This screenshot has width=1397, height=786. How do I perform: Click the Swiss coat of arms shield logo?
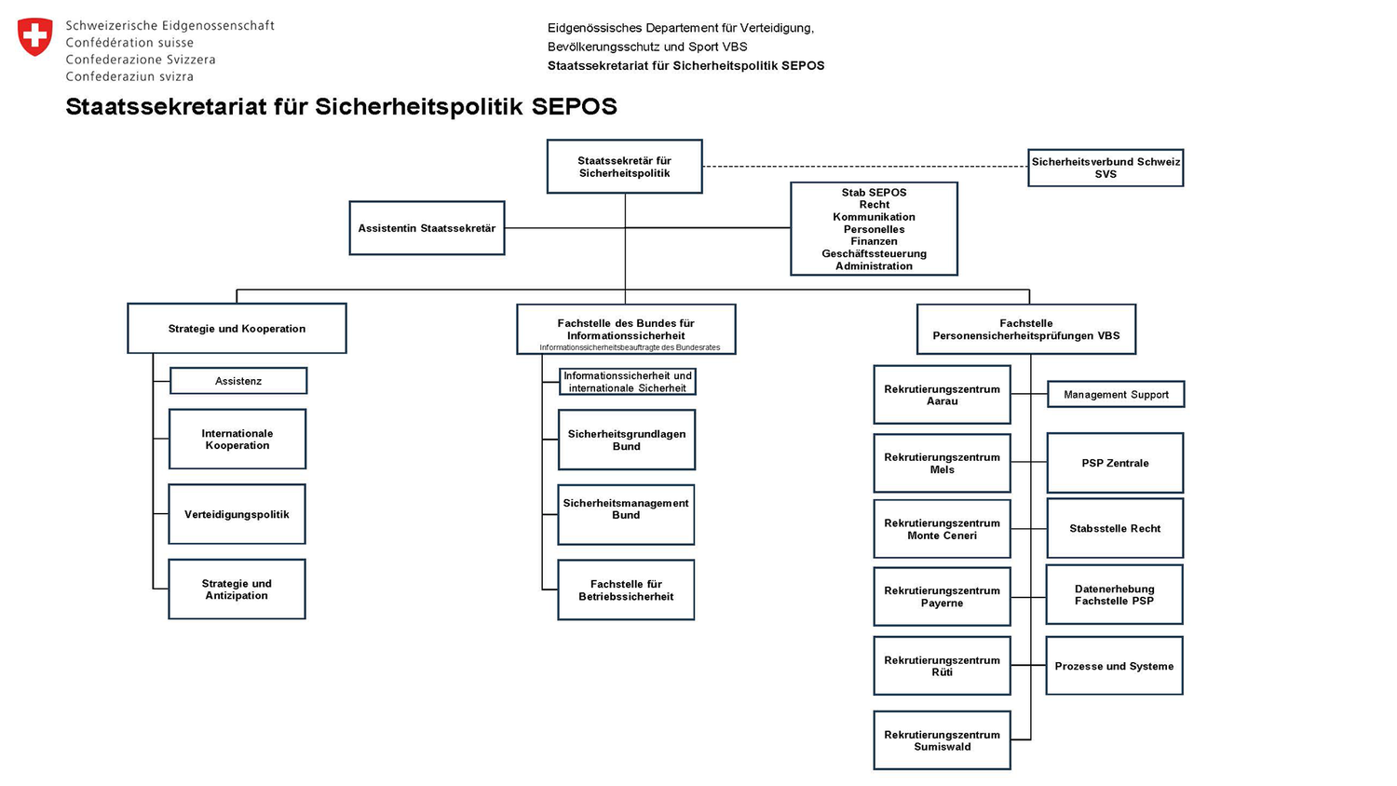34,37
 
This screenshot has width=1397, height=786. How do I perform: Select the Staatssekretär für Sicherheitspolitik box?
624,167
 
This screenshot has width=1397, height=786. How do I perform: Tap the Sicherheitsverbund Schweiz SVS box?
1105,168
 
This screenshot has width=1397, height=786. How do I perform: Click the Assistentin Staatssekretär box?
427,228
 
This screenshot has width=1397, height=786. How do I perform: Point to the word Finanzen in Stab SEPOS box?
874,241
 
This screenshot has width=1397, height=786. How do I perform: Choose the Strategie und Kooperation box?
237,329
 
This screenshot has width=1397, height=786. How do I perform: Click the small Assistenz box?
238,381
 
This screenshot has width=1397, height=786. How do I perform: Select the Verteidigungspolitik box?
237,514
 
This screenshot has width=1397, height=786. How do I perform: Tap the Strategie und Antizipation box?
237,589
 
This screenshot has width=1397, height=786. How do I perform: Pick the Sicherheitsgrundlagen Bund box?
626,440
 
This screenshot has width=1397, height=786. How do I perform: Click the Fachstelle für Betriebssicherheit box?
626,589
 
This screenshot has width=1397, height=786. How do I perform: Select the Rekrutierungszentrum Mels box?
942,463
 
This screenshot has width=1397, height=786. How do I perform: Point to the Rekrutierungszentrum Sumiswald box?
942,740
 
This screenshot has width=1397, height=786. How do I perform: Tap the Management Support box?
1116,395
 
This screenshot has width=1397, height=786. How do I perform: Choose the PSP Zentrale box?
1115,463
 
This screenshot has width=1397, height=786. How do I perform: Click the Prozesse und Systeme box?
1114,666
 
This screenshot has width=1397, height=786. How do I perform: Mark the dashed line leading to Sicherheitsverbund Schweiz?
866,167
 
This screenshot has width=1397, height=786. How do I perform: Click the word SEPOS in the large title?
574,107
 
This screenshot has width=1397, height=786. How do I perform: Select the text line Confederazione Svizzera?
141,60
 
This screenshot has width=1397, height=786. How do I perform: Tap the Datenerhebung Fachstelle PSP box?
1114,595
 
